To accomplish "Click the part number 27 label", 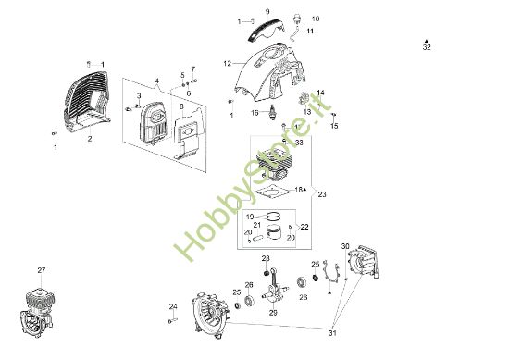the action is point(41,269).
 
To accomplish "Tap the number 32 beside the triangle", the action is point(427,48).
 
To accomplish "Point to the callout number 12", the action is point(226,64).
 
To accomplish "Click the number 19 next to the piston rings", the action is point(249,217).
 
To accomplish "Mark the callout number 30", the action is point(344,246).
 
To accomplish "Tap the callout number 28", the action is point(265,258).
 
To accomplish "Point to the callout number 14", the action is point(321,93).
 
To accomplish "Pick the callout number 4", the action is point(157,81).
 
